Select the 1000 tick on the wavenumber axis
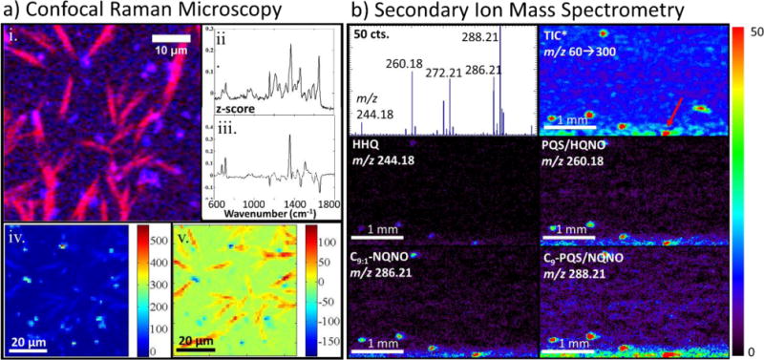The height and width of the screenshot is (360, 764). (x=254, y=203)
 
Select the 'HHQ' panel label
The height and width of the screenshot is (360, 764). (x=368, y=141)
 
